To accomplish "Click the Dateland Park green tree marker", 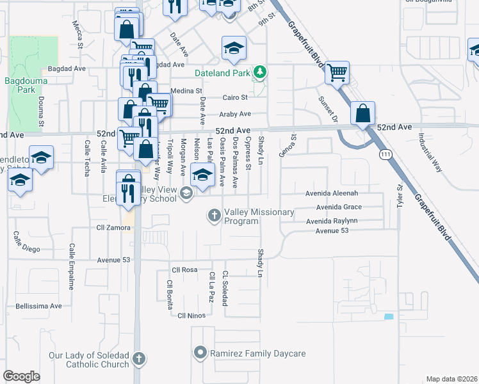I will pos(259,72).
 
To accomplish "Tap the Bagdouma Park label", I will pos(24,85).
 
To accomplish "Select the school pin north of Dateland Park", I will pos(234,48).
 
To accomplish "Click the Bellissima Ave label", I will pos(38,307).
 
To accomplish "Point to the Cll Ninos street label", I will pos(191,315).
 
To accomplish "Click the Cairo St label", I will pos(234,98).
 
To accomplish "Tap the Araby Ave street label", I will pos(236,114).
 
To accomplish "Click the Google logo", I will pos(21,376).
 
